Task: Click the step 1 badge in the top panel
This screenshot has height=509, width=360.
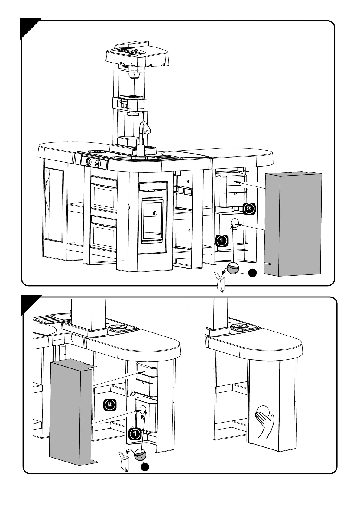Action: (x=222, y=241)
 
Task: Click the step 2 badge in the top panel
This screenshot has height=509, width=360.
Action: (x=249, y=208)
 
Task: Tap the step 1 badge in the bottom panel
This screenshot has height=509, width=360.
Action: (x=135, y=434)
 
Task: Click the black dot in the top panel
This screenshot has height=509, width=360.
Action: (x=252, y=273)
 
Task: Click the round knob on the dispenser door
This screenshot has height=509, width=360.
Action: (x=155, y=213)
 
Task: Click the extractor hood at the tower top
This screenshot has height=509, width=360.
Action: (x=137, y=54)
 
